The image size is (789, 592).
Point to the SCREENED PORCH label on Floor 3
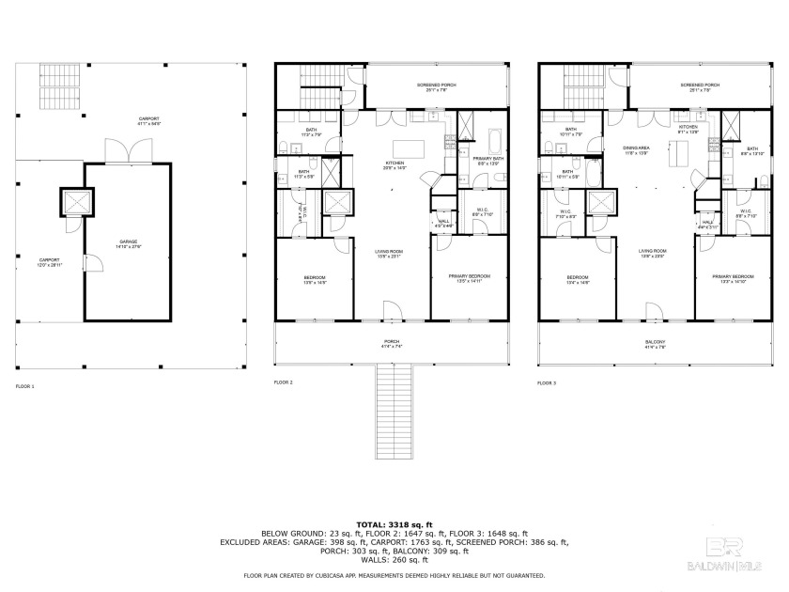tap(700, 86)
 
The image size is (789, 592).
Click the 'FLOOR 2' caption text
tap(283, 383)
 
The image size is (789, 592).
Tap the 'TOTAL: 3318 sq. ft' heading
tap(394, 523)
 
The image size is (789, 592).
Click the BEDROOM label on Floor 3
tap(577, 277)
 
